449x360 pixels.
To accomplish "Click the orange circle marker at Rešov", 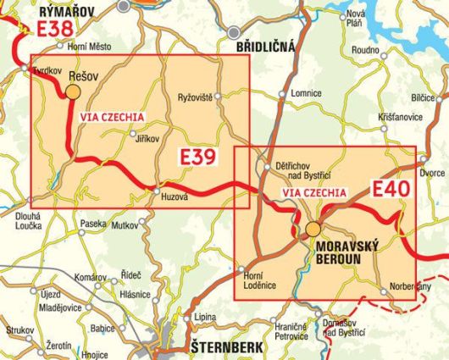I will pyautogui.click(x=74, y=91).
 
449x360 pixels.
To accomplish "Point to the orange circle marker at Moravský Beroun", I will pyautogui.click(x=313, y=229).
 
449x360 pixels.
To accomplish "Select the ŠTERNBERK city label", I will pyautogui.click(x=219, y=348).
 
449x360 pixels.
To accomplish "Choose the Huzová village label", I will pyautogui.click(x=174, y=197).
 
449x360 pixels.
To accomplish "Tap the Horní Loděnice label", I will pyautogui.click(x=255, y=280).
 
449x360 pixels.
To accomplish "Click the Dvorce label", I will pyautogui.click(x=432, y=172).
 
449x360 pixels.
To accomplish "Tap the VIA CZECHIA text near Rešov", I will pyautogui.click(x=111, y=116).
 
